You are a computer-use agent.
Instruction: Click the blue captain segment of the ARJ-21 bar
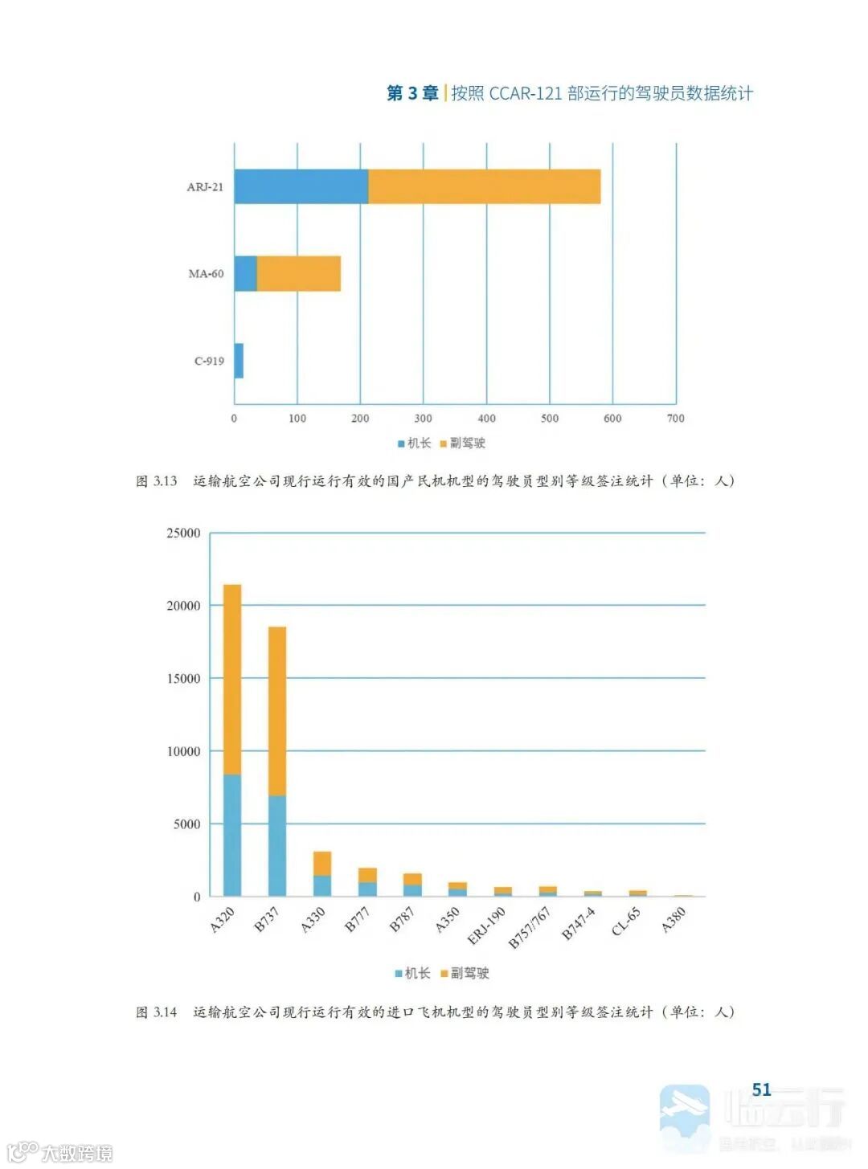301,186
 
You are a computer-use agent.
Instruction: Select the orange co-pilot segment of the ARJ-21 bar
484,186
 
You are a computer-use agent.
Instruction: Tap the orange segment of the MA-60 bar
298,274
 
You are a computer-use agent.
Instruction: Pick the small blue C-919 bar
239,361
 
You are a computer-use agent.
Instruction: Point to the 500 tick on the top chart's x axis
550,418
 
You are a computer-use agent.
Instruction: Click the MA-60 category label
206,274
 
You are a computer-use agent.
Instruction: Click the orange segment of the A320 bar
232,679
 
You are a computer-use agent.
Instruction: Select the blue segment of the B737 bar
277,845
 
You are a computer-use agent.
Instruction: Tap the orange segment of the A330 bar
322,863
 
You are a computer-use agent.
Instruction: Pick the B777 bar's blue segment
367,889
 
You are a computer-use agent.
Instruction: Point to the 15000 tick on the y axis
183,679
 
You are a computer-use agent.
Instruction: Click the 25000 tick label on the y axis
183,533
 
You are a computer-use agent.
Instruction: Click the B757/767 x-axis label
530,927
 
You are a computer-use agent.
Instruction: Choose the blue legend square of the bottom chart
399,974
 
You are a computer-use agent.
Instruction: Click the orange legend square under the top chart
443,443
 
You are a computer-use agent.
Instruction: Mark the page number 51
761,1089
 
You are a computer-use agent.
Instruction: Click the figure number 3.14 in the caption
165,1012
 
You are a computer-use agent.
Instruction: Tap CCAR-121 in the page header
525,93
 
